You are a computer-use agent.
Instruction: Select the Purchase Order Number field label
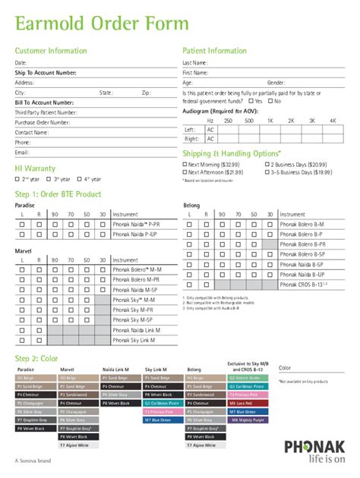pos(43,122)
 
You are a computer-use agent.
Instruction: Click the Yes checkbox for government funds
pos(251,101)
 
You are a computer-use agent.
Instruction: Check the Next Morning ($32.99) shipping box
pos(185,165)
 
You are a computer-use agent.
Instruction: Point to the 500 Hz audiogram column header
pos(249,121)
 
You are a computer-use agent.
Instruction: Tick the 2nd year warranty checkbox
pos(17,179)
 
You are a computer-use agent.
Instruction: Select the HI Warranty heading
pos(36,168)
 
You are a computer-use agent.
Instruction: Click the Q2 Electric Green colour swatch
pos(246,377)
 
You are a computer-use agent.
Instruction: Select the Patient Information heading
pos(215,51)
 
